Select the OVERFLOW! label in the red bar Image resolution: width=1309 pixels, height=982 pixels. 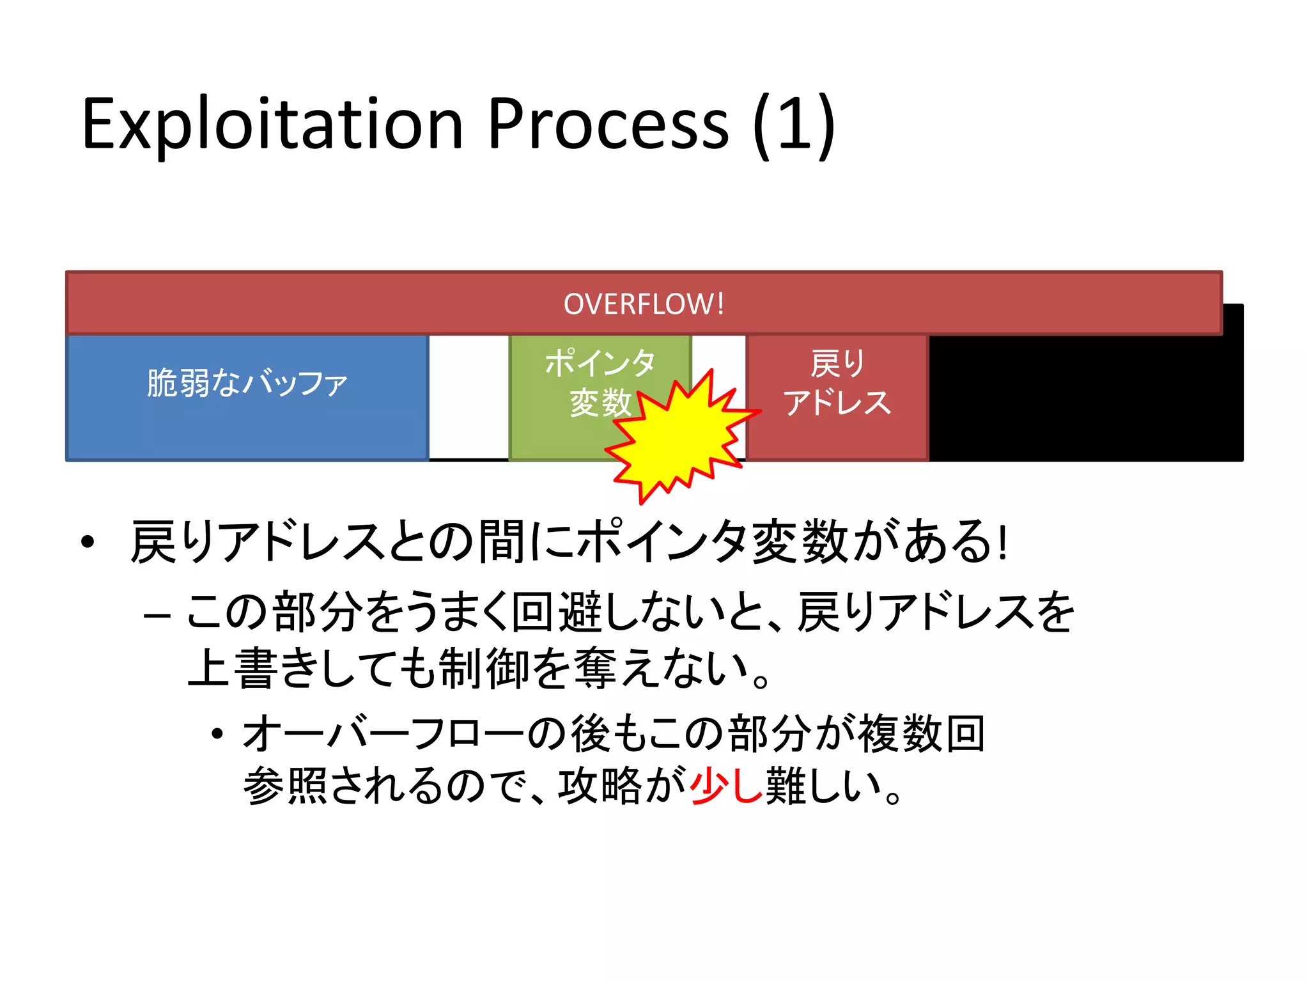[x=644, y=304]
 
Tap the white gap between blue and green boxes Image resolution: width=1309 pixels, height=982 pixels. [x=469, y=396]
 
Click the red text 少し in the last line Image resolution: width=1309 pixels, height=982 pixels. [x=726, y=785]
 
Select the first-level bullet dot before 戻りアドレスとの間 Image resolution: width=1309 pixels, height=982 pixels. [x=88, y=542]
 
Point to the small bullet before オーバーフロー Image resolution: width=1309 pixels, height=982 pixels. [x=217, y=734]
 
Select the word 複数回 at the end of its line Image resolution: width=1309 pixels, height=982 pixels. [x=920, y=733]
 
